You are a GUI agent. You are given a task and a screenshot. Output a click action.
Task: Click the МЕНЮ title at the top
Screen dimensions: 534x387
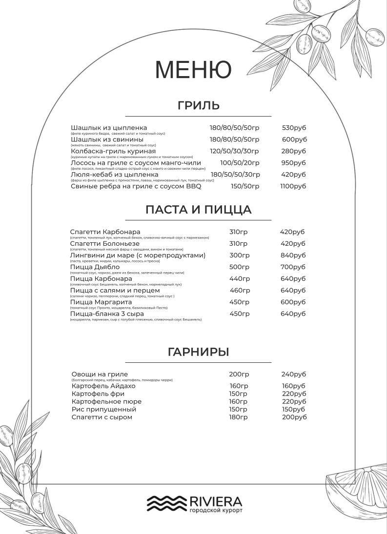(x=193, y=69)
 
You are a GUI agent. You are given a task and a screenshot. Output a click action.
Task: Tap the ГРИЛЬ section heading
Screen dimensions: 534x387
(x=198, y=105)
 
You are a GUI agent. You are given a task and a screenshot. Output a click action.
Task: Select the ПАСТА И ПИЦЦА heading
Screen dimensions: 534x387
(x=198, y=210)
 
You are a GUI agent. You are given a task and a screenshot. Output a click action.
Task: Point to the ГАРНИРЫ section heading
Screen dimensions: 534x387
(x=198, y=352)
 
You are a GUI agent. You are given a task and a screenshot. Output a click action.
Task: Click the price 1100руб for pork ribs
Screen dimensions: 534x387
(x=293, y=186)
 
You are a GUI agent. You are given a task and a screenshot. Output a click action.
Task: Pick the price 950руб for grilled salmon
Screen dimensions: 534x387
(x=293, y=163)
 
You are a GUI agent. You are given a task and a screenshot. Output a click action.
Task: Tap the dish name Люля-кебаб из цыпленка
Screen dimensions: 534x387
(x=115, y=174)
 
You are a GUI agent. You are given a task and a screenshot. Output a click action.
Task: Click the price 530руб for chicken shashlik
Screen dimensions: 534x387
(x=294, y=128)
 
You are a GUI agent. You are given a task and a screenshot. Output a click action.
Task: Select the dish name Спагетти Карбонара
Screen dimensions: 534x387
(x=105, y=232)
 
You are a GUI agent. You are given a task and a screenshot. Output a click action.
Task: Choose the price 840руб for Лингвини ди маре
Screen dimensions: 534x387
(x=293, y=255)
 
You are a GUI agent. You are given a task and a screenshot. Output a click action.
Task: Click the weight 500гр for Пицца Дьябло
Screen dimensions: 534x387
(x=239, y=267)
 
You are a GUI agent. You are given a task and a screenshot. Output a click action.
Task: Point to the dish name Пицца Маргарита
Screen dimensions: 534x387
(x=101, y=302)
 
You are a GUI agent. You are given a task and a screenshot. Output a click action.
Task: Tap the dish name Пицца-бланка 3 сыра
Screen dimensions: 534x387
(x=105, y=314)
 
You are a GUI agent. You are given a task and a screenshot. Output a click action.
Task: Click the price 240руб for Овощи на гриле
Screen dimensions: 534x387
(x=293, y=374)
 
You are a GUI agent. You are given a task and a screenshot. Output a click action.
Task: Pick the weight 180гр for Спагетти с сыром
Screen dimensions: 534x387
(x=238, y=417)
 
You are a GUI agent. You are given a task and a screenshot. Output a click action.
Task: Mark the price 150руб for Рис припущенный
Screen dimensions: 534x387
(x=293, y=409)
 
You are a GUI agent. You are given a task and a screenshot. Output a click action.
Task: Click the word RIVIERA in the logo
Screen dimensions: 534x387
(x=215, y=501)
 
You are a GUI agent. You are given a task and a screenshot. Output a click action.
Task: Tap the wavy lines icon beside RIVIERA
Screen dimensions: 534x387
(x=166, y=503)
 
